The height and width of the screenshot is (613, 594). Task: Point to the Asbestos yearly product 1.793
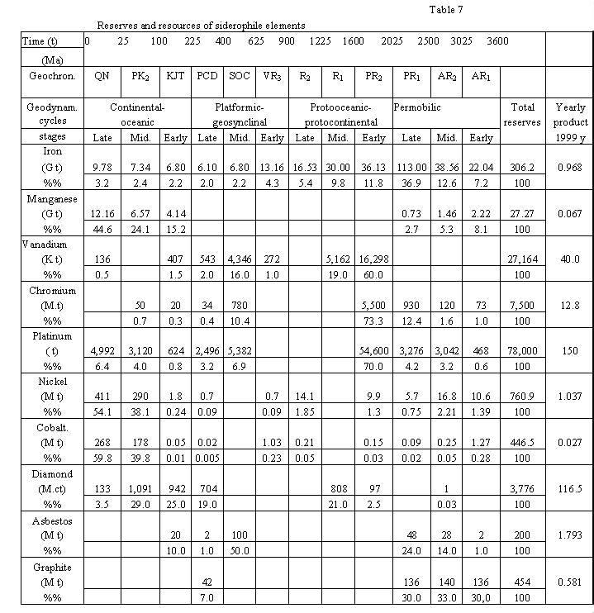click(568, 536)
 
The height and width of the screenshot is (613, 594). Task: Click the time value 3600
click(498, 41)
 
